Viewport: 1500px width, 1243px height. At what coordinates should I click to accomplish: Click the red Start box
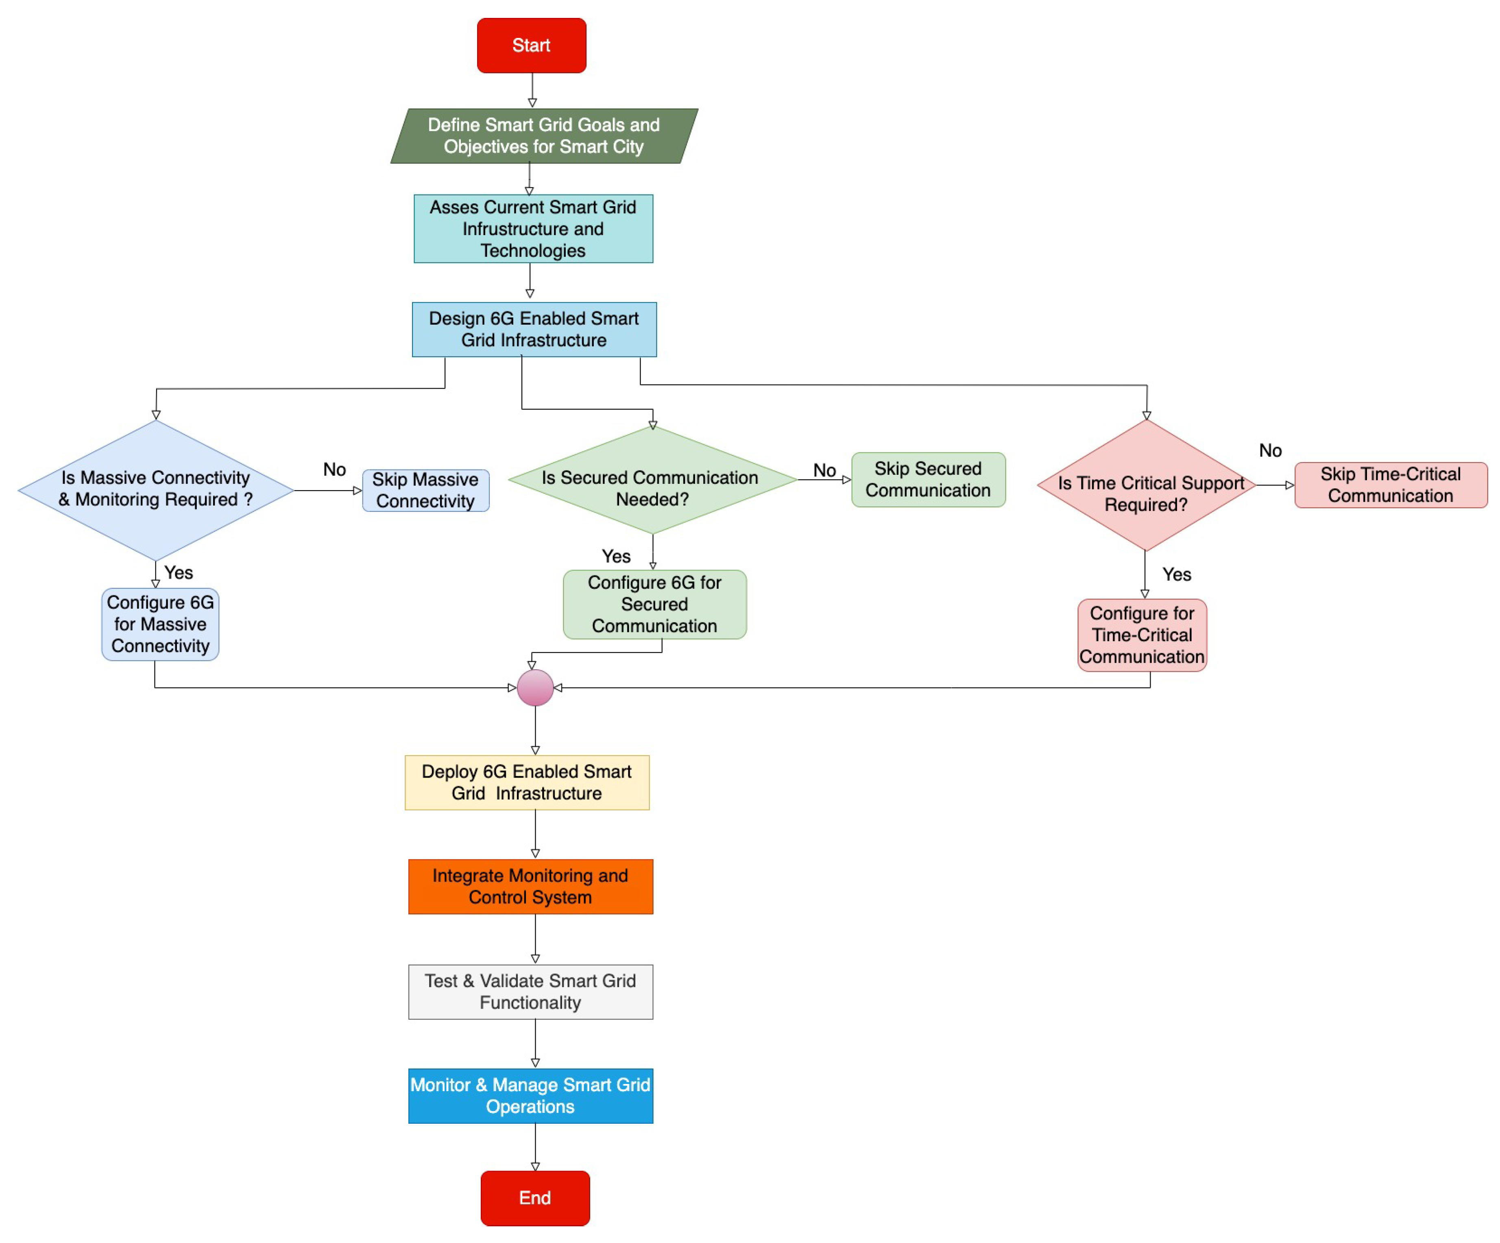pos(532,46)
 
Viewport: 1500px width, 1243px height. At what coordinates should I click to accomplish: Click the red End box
pos(535,1197)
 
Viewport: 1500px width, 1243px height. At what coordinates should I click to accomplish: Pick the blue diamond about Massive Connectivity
pos(156,489)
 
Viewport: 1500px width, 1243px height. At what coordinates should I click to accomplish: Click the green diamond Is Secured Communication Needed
pos(652,480)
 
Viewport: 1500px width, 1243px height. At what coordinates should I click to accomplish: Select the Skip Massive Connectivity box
pos(426,490)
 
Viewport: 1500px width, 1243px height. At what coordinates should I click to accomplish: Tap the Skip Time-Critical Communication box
pos(1390,485)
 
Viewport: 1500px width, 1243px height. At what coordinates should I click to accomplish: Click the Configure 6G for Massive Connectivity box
pos(160,625)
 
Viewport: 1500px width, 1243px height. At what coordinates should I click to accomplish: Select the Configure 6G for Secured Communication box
pos(654,604)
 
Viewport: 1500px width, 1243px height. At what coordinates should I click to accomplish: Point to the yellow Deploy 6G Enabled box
pos(527,782)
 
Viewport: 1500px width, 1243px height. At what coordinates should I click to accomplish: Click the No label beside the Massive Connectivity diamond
pos(334,470)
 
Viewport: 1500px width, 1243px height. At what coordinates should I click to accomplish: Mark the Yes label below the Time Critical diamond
pos(1176,575)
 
